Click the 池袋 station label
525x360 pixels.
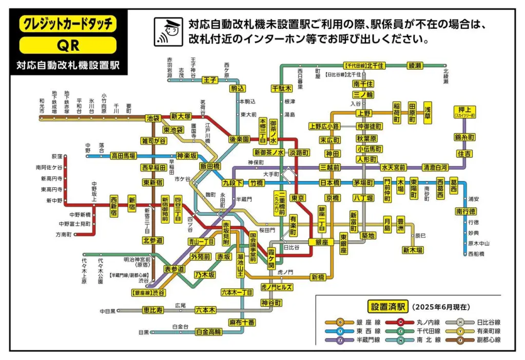tap(153, 117)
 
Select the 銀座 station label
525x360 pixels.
tap(319, 242)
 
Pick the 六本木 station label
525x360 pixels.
tap(205, 310)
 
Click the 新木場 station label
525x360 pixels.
tap(413, 250)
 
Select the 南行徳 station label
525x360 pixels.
tap(465, 211)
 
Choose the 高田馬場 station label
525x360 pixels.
tap(124, 155)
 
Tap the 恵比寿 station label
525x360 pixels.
tap(153, 310)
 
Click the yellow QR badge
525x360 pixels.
tap(68, 45)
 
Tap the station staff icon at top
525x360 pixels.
tap(167, 32)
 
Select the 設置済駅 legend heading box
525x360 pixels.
tap(387, 307)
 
